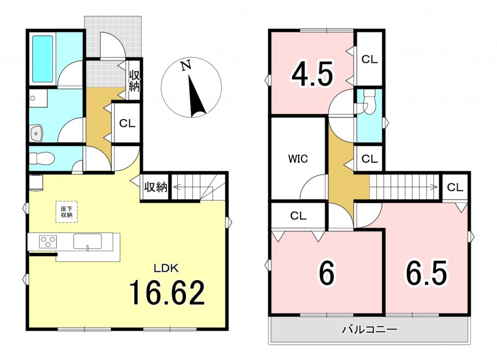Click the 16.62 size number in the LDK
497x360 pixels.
(166, 293)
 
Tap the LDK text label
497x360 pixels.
(166, 269)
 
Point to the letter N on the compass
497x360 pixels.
(186, 66)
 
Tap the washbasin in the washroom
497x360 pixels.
(37, 133)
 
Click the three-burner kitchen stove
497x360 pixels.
(48, 241)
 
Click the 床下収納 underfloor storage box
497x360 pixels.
(67, 212)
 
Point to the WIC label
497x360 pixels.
(298, 158)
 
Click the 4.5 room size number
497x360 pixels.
(312, 74)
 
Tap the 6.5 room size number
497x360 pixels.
(426, 273)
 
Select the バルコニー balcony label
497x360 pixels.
(369, 330)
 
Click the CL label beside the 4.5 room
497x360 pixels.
(370, 60)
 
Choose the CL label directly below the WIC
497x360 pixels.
(298, 216)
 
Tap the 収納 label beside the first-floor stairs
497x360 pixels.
(156, 187)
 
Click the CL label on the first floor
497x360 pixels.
(127, 124)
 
